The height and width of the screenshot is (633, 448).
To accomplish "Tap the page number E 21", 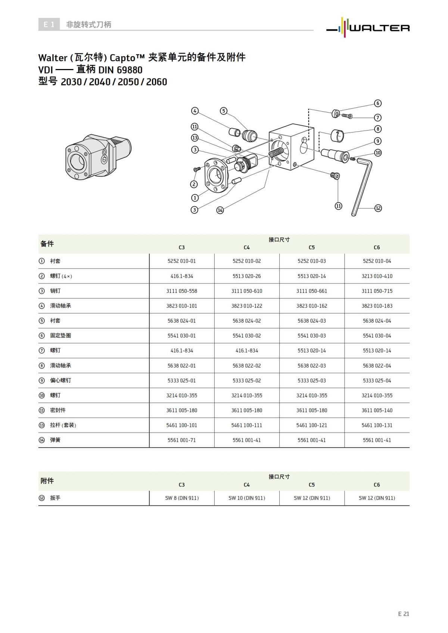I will click(403, 614).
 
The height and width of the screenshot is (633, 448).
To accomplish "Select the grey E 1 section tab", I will click(49, 25).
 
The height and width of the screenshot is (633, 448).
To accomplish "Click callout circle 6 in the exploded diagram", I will click(378, 103).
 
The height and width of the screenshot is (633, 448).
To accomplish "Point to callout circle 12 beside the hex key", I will click(378, 208).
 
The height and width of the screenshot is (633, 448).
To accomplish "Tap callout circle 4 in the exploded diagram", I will click(195, 111).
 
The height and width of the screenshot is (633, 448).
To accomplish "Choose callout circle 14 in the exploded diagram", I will click(220, 210).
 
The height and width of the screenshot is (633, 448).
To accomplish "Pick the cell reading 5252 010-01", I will click(181, 261).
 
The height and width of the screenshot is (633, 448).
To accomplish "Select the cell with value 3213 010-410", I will click(377, 276).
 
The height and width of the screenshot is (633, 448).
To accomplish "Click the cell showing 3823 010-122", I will click(246, 306).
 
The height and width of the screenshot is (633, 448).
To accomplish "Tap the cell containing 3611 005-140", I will click(377, 410).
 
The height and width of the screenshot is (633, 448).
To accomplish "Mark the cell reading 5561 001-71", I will click(181, 440).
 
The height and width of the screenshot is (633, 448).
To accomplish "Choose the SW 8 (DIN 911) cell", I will click(181, 498).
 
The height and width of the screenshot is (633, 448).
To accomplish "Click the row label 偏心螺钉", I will click(60, 380).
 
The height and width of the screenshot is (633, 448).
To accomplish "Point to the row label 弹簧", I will click(55, 440).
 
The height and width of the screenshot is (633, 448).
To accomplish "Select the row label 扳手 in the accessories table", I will click(55, 498).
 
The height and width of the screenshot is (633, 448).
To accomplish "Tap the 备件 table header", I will click(47, 244).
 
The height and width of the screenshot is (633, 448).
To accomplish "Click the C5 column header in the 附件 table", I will click(311, 485).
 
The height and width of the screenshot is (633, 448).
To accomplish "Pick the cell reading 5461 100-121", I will click(311, 425).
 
